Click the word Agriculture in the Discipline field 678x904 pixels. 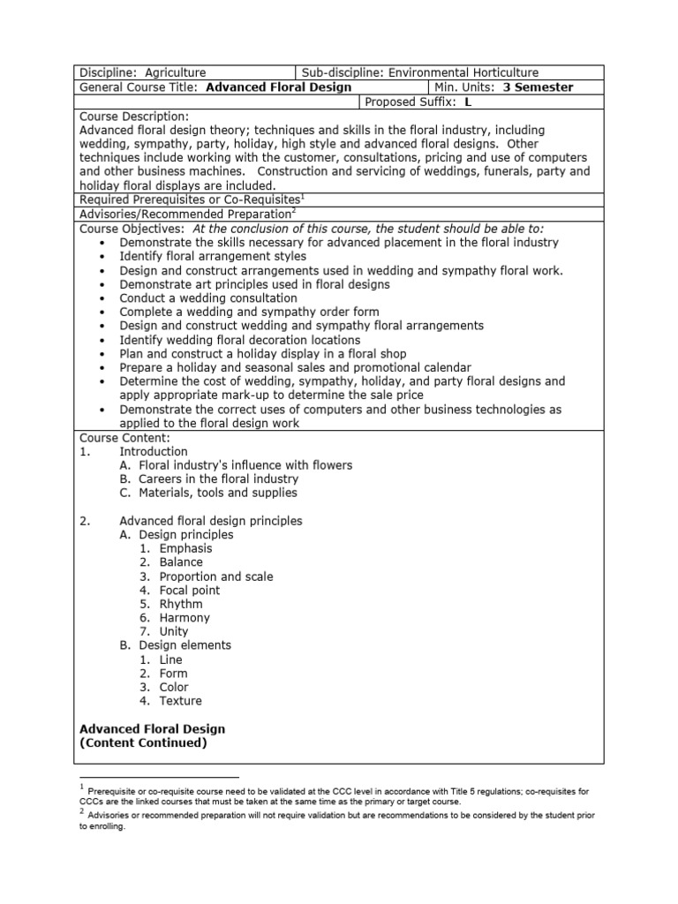tap(176, 72)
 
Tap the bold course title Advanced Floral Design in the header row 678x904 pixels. tap(278, 87)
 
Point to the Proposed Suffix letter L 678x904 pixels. tap(468, 102)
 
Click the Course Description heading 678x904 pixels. tap(134, 116)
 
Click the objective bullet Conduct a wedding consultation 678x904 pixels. tap(208, 298)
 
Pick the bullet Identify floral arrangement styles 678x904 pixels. tap(213, 256)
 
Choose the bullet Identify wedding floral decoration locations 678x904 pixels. tap(240, 340)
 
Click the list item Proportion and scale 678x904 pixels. tap(216, 576)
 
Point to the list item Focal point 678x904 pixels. tap(190, 590)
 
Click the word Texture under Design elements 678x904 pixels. tap(180, 701)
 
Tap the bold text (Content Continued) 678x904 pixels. tap(143, 743)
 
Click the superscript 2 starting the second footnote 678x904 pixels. tap(82, 810)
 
